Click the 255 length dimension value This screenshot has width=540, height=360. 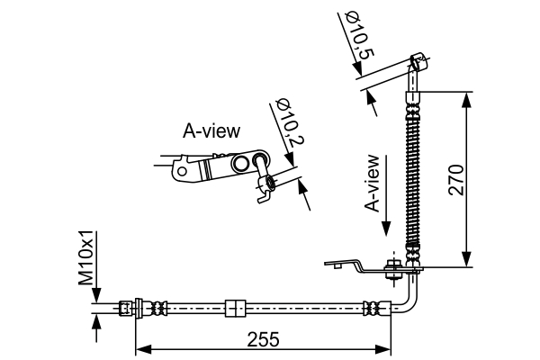click(x=262, y=339)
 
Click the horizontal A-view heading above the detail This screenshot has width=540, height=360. click(x=211, y=131)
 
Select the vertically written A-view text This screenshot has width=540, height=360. click(x=373, y=182)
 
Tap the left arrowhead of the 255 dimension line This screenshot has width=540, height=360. click(x=140, y=348)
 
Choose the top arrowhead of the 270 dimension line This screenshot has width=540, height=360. click(x=467, y=97)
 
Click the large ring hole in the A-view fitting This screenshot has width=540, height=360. click(x=260, y=162)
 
